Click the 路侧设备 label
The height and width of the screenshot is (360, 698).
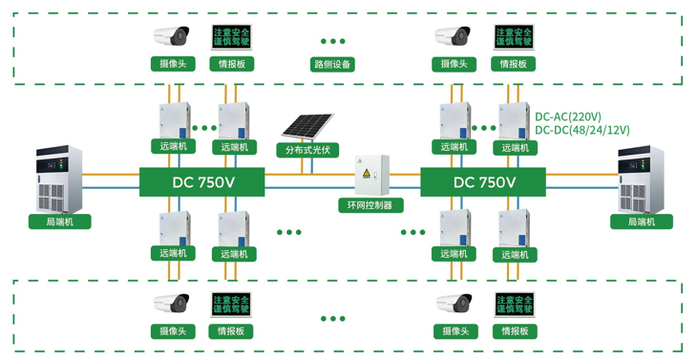coord(332,65)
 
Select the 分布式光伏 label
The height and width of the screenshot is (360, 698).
coord(307,150)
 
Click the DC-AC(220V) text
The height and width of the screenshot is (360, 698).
coord(568,116)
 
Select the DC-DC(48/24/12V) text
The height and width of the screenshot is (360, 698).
coord(582,131)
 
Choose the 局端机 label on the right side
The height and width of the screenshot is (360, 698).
coord(641,222)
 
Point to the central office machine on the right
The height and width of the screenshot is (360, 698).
coord(643,180)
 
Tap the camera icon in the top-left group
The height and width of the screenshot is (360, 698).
coord(173,37)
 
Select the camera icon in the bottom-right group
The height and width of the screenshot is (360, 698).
coord(454,304)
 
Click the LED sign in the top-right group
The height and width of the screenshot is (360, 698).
coord(513,37)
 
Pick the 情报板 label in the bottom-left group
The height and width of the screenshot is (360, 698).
coord(231,331)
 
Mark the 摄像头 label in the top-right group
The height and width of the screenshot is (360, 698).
coord(454,64)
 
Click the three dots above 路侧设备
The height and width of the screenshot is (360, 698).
coord(332,41)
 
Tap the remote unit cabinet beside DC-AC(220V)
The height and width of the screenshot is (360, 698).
coord(514,120)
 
